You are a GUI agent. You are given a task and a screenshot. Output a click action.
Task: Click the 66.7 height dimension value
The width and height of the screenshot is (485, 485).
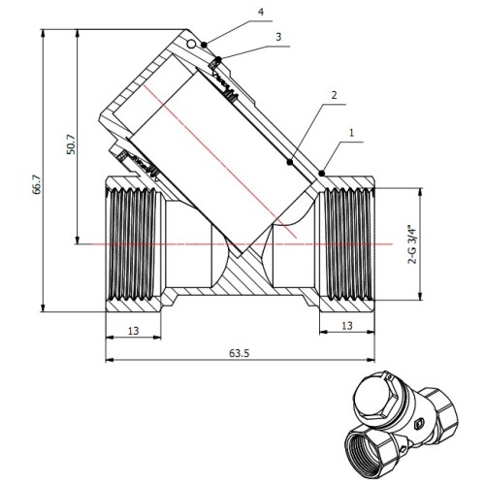click(x=37, y=184)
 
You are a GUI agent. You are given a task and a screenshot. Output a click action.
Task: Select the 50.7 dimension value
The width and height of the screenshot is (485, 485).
click(x=72, y=145)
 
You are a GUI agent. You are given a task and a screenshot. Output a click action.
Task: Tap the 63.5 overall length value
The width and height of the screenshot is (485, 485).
click(x=240, y=353)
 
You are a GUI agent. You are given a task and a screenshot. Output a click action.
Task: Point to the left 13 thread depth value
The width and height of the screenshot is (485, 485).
click(x=133, y=331)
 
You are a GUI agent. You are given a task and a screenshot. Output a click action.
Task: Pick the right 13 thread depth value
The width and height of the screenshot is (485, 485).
click(x=347, y=325)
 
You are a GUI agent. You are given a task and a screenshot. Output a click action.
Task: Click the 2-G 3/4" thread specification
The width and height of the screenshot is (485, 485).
click(x=413, y=244)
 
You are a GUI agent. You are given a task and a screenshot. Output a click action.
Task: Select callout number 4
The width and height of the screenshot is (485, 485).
click(x=261, y=12)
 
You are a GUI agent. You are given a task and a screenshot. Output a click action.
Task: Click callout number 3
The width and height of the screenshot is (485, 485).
click(x=278, y=37)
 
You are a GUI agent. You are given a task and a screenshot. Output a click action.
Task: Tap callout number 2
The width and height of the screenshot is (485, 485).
click(x=334, y=95)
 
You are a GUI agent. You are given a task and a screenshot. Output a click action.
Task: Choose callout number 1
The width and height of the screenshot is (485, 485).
click(x=352, y=133)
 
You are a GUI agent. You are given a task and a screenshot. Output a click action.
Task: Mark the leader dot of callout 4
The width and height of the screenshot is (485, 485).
click(x=204, y=45)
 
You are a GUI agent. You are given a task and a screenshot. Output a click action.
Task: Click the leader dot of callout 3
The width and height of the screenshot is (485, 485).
click(x=219, y=59)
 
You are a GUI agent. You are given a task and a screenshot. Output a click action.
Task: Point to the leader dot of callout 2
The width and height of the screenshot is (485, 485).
click(x=290, y=162)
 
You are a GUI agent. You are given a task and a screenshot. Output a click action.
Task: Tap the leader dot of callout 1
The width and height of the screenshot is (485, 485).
click(x=321, y=174)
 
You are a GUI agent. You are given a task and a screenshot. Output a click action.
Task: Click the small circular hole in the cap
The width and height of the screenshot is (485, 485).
click(x=191, y=44)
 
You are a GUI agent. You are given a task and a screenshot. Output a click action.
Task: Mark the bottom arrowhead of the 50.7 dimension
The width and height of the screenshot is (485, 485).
click(x=78, y=240)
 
